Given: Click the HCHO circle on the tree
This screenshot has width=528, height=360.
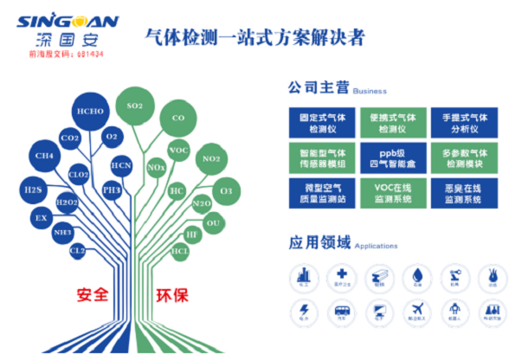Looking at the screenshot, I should pos(90,112).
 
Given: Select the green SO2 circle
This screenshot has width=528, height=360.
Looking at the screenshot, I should pos(134,106).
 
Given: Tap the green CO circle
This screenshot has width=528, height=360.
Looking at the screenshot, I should pos(178,118).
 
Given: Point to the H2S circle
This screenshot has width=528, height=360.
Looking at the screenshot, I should pos(32,190).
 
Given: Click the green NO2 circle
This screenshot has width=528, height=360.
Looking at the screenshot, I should pos(210,159).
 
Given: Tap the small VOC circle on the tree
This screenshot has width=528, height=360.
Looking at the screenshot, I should pos(178,151).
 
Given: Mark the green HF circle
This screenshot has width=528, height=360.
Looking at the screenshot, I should pos(192,235).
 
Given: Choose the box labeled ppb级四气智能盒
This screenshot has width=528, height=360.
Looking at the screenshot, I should pos(390,157).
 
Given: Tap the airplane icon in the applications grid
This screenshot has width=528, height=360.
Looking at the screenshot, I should pos(413,310).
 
